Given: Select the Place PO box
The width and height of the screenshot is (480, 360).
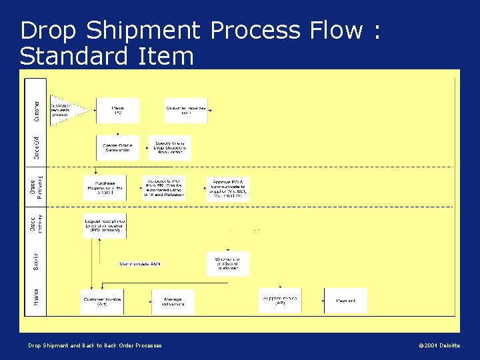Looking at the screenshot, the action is (x=117, y=111).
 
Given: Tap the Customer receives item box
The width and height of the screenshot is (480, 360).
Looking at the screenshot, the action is (x=186, y=110).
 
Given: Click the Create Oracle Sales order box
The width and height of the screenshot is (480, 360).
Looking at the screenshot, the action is (x=117, y=147).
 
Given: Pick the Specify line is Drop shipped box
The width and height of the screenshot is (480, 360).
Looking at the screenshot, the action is (x=169, y=147).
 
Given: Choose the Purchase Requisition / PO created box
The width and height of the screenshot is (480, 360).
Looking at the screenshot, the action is (x=105, y=188).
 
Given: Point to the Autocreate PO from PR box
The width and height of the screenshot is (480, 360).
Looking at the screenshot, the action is (x=164, y=187).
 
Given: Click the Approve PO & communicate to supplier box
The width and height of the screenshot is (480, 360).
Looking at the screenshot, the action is (x=228, y=189).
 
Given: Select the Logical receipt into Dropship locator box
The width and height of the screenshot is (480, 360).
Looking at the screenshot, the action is (x=105, y=225).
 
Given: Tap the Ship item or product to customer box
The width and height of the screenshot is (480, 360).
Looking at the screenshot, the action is (x=228, y=263).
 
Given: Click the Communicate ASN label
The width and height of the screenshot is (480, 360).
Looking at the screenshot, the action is (x=140, y=264).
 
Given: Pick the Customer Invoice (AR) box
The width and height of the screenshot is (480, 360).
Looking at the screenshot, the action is (x=101, y=301).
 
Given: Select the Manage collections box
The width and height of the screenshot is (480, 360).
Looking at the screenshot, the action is (x=173, y=301).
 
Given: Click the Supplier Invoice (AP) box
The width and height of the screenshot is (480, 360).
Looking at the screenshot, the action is (x=280, y=300).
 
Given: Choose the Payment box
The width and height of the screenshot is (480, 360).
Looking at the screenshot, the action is (x=345, y=301).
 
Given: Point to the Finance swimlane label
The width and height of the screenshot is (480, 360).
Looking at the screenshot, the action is (x=36, y=297).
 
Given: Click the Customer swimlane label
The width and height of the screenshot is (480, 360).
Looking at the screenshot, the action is (x=36, y=111).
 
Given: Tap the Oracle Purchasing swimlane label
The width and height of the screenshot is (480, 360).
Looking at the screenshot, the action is (x=36, y=188).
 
